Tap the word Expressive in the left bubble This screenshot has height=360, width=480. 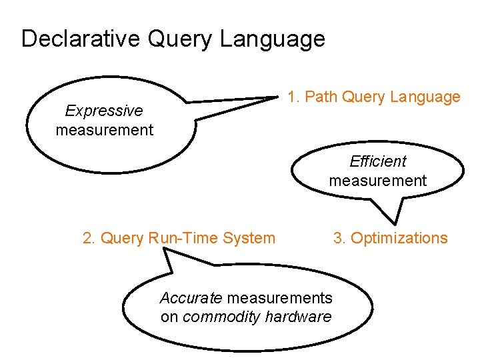pos(104,111)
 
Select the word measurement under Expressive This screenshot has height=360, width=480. pos(105,130)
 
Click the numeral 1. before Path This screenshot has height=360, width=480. pos(293,97)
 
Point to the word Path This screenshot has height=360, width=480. pos(321,97)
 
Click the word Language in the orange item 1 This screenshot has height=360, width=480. pos(425,97)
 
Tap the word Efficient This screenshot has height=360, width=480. pos(378,161)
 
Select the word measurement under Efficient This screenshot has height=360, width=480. pos(378,181)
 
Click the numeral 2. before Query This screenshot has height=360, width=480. pos(89,238)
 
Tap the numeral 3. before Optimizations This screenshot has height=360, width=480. pos(339,238)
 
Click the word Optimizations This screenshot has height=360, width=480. pos(399,238)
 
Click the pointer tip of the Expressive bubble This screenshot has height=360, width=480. pos(278,97)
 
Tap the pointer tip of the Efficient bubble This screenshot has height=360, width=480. pos(397,224)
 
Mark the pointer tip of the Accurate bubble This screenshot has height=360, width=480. pos(158,249)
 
